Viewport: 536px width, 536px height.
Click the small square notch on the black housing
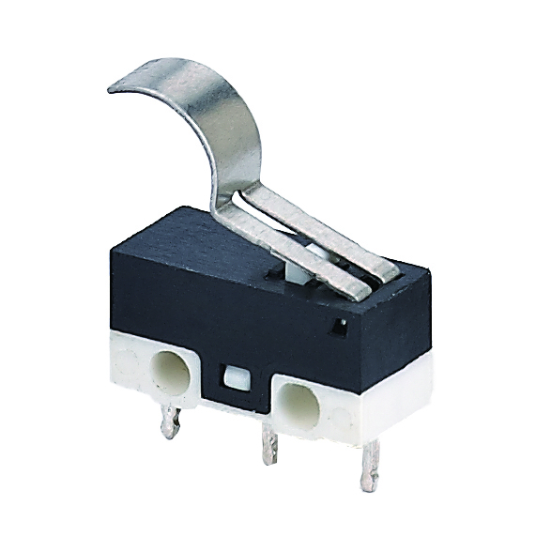point(339,326)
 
